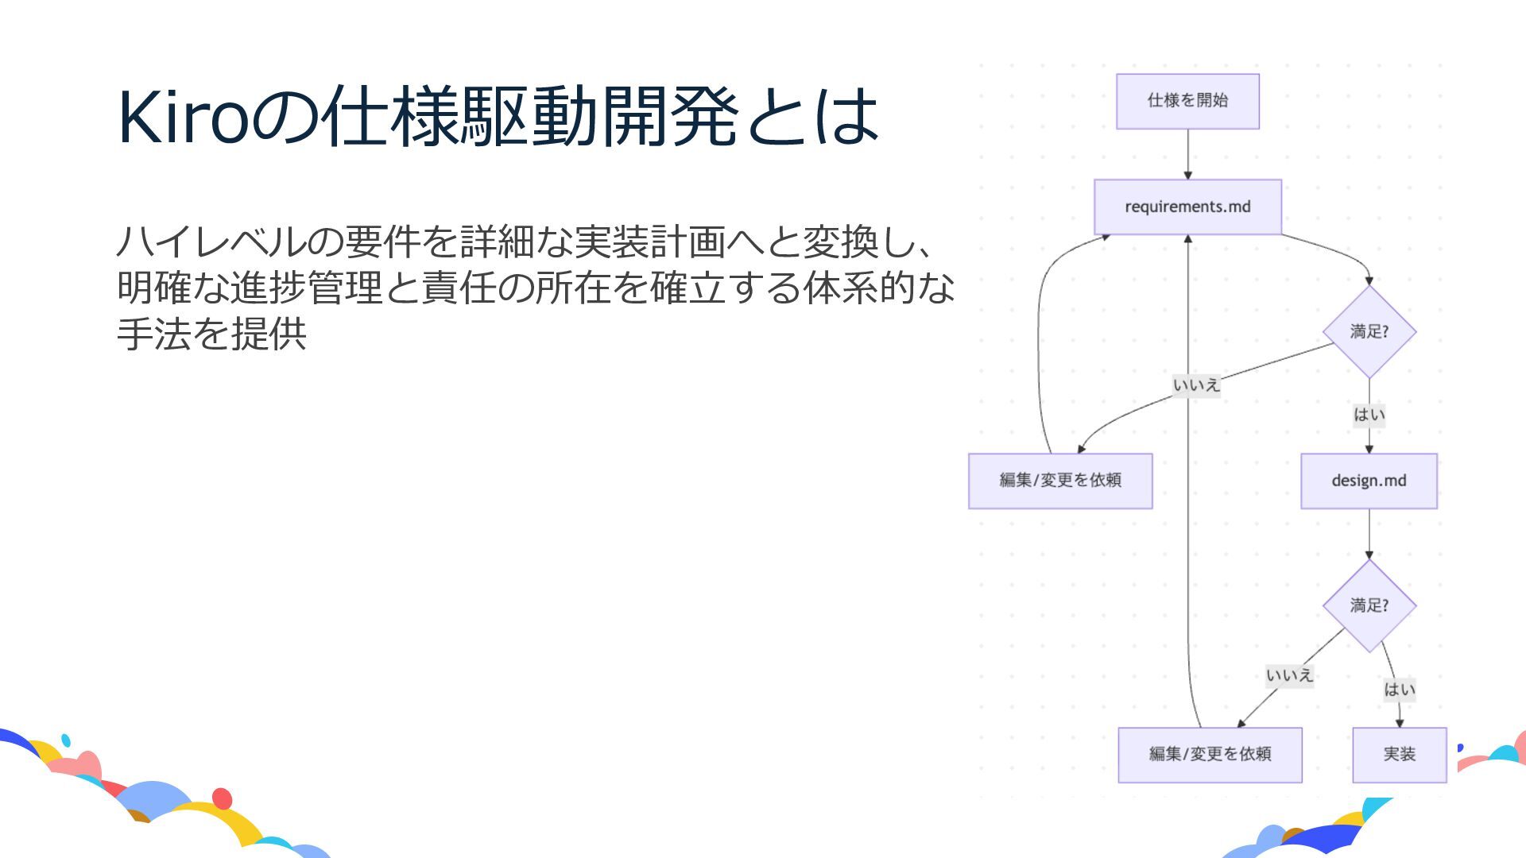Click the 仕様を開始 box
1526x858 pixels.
coord(1187,101)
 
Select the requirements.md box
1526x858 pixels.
coord(1187,207)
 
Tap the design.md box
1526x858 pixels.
coord(1369,481)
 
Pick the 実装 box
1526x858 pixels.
coord(1399,754)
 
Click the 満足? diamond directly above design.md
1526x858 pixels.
coord(1369,331)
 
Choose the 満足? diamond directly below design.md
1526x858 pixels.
coord(1369,605)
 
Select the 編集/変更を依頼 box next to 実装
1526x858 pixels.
coord(1210,754)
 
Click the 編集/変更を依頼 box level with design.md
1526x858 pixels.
coord(1060,481)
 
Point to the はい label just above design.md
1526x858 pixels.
coord(1369,415)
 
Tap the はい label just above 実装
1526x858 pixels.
coord(1399,690)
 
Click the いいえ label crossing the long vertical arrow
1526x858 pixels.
coord(1196,385)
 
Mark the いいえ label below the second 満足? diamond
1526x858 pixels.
coord(1289,676)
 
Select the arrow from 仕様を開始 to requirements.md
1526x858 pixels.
coord(1188,154)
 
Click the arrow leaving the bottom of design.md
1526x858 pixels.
coord(1369,534)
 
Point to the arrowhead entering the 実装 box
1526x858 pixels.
coord(1400,723)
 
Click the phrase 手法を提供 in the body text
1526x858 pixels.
coord(211,334)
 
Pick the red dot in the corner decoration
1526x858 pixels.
coord(223,798)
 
